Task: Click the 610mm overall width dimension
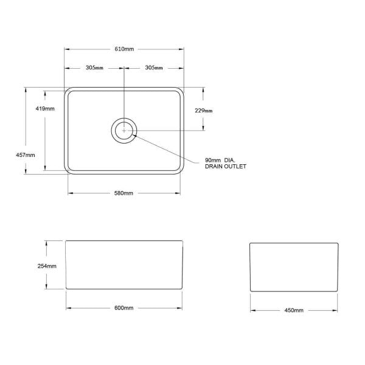point(124,49)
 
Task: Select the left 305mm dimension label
point(94,68)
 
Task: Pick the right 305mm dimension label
point(154,68)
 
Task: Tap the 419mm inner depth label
point(45,108)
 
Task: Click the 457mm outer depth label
point(26,155)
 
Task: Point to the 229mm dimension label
point(204,111)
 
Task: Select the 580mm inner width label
point(123,193)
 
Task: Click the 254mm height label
point(47,266)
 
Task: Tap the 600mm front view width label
point(124,308)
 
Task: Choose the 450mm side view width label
point(294,310)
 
